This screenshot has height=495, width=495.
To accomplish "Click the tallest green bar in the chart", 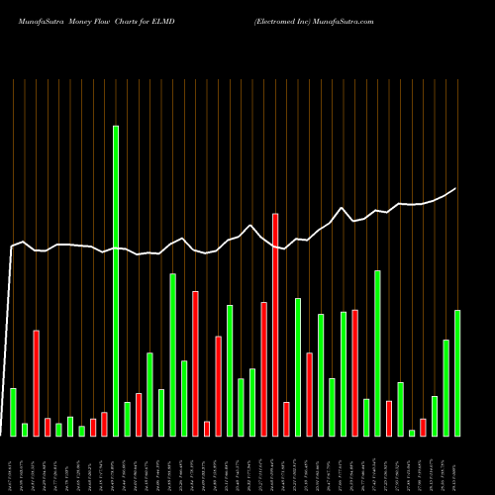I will pyautogui.click(x=116, y=281).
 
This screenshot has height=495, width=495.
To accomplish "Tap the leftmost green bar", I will pyautogui.click(x=14, y=412).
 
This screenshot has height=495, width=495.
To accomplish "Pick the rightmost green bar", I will pyautogui.click(x=457, y=373).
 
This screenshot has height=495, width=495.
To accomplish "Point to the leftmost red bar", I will pyautogui.click(x=37, y=383).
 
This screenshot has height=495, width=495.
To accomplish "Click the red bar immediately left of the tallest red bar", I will pyautogui.click(x=264, y=368).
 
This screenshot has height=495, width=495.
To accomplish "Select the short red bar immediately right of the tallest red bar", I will pyautogui.click(x=286, y=419).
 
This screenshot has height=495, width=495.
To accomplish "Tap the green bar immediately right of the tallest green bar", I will pyautogui.click(x=128, y=419).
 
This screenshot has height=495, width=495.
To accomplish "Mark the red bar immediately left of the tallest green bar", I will pyautogui.click(x=104, y=424).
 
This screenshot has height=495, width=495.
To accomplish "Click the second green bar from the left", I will pyautogui.click(x=25, y=430).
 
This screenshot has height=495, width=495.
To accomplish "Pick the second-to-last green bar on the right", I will pyautogui.click(x=446, y=387).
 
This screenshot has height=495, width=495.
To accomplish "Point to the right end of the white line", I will pyautogui.click(x=456, y=188).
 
